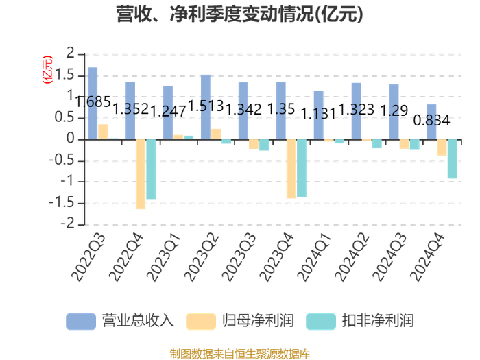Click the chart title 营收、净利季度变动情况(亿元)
click(x=240, y=14)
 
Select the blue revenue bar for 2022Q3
click(x=93, y=104)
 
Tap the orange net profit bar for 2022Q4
click(x=141, y=174)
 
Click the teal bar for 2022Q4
click(x=151, y=169)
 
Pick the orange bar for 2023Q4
click(x=291, y=169)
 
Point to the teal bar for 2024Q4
click(x=452, y=159)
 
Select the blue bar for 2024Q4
click(x=431, y=122)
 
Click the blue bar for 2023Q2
click(x=206, y=107)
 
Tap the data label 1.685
click(x=93, y=101)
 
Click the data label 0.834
click(x=431, y=120)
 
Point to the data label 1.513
click(x=206, y=106)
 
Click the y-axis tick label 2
click(x=71, y=53)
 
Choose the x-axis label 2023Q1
click(x=164, y=257)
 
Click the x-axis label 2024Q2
click(x=352, y=257)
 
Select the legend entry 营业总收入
click(x=120, y=321)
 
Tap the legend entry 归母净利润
click(x=240, y=321)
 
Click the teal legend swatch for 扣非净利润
click(x=320, y=322)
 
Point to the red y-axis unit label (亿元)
click(x=47, y=69)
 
